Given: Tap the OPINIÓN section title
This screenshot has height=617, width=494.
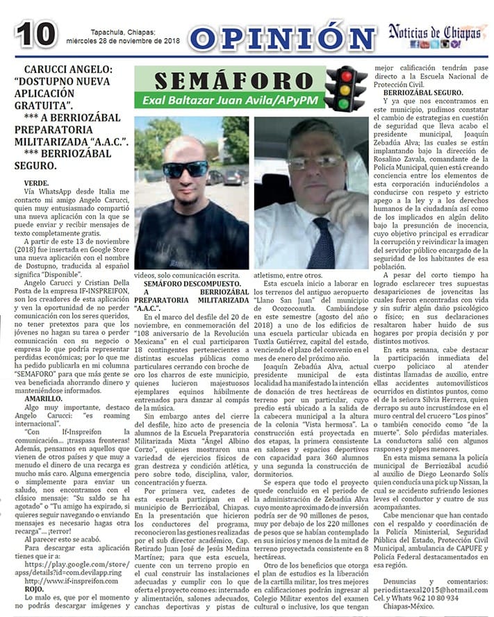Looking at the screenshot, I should point(281,37).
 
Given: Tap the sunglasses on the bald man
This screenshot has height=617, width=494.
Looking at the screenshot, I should point(186,169).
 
